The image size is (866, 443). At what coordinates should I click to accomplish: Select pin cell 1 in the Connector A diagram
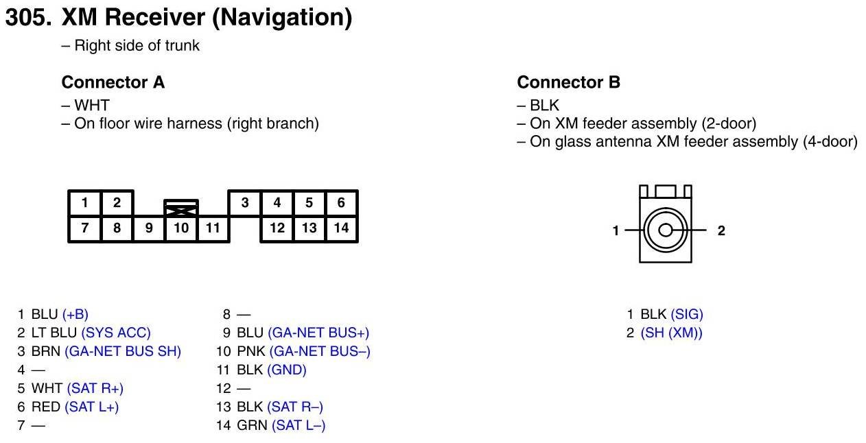tap(84, 203)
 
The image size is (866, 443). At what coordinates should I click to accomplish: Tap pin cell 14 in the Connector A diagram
tap(341, 228)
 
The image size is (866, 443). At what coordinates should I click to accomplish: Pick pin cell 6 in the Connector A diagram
tap(341, 203)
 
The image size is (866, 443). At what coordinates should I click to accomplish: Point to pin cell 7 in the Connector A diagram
tap(84, 228)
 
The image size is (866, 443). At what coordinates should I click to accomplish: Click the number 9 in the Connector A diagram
tap(149, 228)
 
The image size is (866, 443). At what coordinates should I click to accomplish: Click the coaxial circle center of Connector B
tap(665, 230)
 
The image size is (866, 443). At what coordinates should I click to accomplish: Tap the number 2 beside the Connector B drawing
tap(721, 231)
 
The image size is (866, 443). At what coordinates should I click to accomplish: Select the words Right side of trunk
tap(137, 46)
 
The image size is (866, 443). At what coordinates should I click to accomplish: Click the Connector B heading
tap(568, 83)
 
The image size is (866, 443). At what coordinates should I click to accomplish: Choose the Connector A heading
tap(113, 83)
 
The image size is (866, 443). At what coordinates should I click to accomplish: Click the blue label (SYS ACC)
tap(116, 333)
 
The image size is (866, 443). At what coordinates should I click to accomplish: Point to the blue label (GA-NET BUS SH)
tap(123, 351)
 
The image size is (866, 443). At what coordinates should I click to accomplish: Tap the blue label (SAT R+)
tap(95, 388)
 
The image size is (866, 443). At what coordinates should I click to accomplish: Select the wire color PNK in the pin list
tap(251, 351)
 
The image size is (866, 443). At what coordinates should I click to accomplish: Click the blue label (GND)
tap(286, 370)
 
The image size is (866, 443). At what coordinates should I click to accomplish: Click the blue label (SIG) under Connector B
tap(687, 314)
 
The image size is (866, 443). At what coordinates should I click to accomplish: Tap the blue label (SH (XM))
tap(672, 333)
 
